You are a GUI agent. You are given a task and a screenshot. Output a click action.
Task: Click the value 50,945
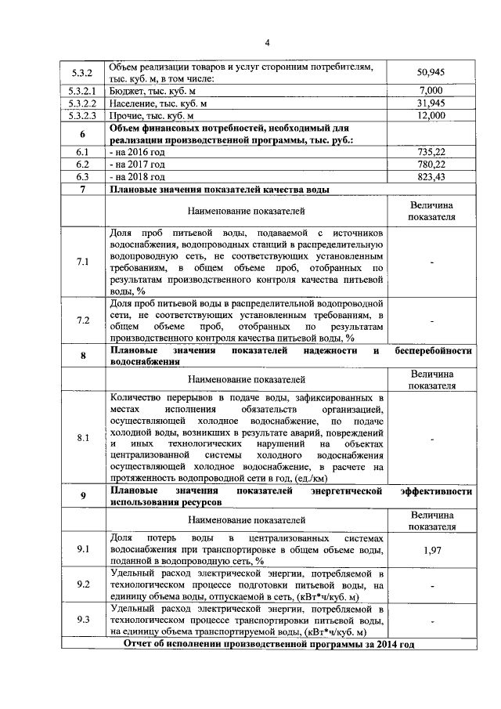(x=431, y=72)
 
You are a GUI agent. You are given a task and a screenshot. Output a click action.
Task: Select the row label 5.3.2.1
(x=82, y=92)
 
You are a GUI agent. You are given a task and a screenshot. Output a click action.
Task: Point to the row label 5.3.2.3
(x=82, y=115)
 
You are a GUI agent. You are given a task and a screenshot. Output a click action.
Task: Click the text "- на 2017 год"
(x=139, y=165)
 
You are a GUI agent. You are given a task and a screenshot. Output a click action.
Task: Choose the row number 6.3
(x=82, y=177)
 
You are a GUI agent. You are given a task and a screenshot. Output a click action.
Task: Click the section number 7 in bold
(x=82, y=190)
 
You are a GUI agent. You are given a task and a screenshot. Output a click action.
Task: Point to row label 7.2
(x=82, y=320)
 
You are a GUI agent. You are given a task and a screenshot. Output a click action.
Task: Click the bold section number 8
(x=82, y=357)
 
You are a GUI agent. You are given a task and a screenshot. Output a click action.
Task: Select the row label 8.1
(x=82, y=438)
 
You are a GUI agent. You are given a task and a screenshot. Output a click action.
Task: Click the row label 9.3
(x=82, y=620)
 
